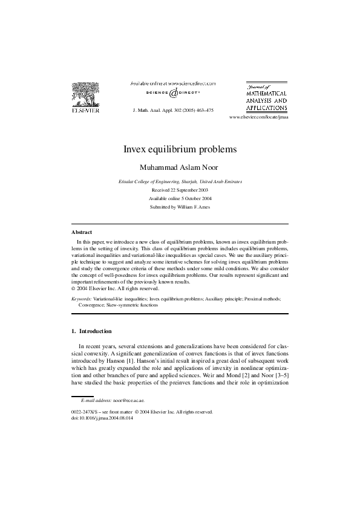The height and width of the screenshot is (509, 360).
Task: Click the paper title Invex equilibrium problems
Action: click(x=180, y=148)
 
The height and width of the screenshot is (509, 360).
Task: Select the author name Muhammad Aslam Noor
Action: click(x=180, y=166)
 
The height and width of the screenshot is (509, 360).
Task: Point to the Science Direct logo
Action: click(x=173, y=94)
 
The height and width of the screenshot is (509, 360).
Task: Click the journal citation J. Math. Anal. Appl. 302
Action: click(x=172, y=111)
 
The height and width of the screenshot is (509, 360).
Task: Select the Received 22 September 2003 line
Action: click(x=180, y=190)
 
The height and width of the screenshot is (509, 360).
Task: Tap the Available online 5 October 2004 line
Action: click(x=180, y=198)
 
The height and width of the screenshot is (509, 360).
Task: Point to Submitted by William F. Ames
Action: click(x=180, y=207)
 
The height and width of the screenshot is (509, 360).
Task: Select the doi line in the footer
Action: click(x=100, y=417)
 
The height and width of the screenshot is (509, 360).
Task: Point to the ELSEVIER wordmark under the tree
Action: click(x=86, y=111)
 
